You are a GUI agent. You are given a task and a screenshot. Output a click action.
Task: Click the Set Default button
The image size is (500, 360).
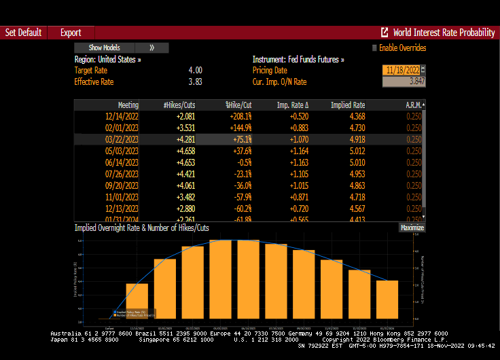tap(23, 33)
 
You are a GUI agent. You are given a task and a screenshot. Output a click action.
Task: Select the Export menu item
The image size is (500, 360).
tap(71, 33)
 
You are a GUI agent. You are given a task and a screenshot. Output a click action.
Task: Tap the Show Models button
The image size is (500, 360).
tap(105, 48)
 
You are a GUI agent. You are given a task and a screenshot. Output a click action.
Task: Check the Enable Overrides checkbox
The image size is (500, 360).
tap(374, 48)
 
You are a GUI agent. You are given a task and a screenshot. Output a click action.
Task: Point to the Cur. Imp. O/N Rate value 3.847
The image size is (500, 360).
tap(404, 82)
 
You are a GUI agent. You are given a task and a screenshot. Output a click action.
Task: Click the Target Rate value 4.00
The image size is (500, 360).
tap(195, 70)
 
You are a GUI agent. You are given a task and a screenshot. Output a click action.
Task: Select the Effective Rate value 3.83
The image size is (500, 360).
tap(195, 82)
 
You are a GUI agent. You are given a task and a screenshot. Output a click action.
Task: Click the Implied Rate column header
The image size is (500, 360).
tap(348, 105)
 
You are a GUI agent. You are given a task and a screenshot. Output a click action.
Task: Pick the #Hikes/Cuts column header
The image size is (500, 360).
tap(179, 105)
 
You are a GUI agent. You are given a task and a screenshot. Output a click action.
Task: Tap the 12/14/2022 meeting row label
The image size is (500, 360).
tap(123, 116)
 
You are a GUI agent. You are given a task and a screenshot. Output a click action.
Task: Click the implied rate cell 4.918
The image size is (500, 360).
tap(353, 139)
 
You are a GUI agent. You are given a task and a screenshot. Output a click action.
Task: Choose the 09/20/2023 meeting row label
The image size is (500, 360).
tap(123, 184)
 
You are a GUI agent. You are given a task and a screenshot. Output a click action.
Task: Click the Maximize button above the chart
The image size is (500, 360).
tap(412, 228)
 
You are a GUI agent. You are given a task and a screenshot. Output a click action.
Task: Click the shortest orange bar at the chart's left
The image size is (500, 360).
tap(137, 301)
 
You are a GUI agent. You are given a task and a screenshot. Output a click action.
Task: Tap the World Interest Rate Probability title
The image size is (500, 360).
tap(443, 33)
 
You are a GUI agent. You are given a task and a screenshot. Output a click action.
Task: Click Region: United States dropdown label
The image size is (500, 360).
tap(108, 59)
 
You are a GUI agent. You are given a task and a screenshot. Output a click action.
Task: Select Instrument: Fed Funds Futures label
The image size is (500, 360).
tap(298, 59)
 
